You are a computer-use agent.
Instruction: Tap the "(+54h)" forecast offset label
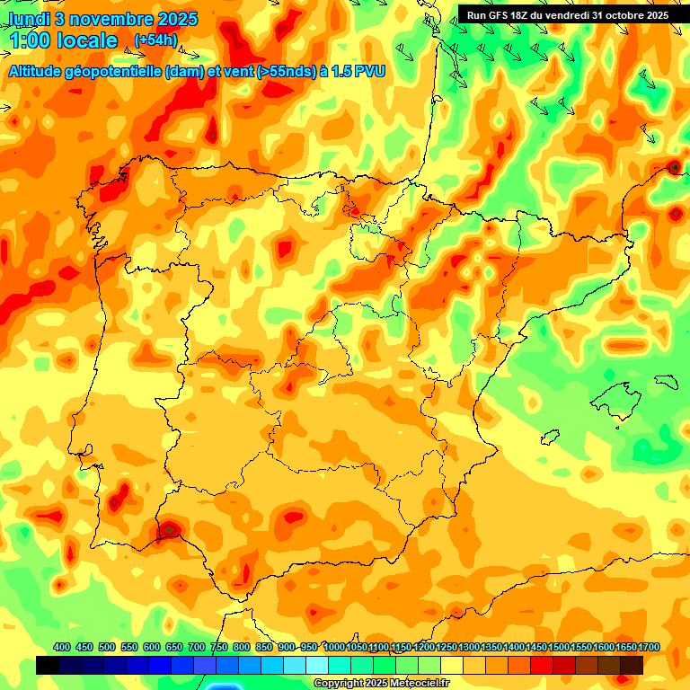point(155,40)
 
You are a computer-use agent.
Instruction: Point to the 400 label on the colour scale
point(62,647)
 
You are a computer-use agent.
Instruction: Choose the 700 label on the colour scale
point(197,647)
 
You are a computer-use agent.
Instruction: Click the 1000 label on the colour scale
point(333,647)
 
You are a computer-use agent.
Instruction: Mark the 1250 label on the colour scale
point(446,647)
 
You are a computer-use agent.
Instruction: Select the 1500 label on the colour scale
point(558,647)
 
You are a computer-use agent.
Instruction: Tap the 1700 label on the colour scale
point(648,647)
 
